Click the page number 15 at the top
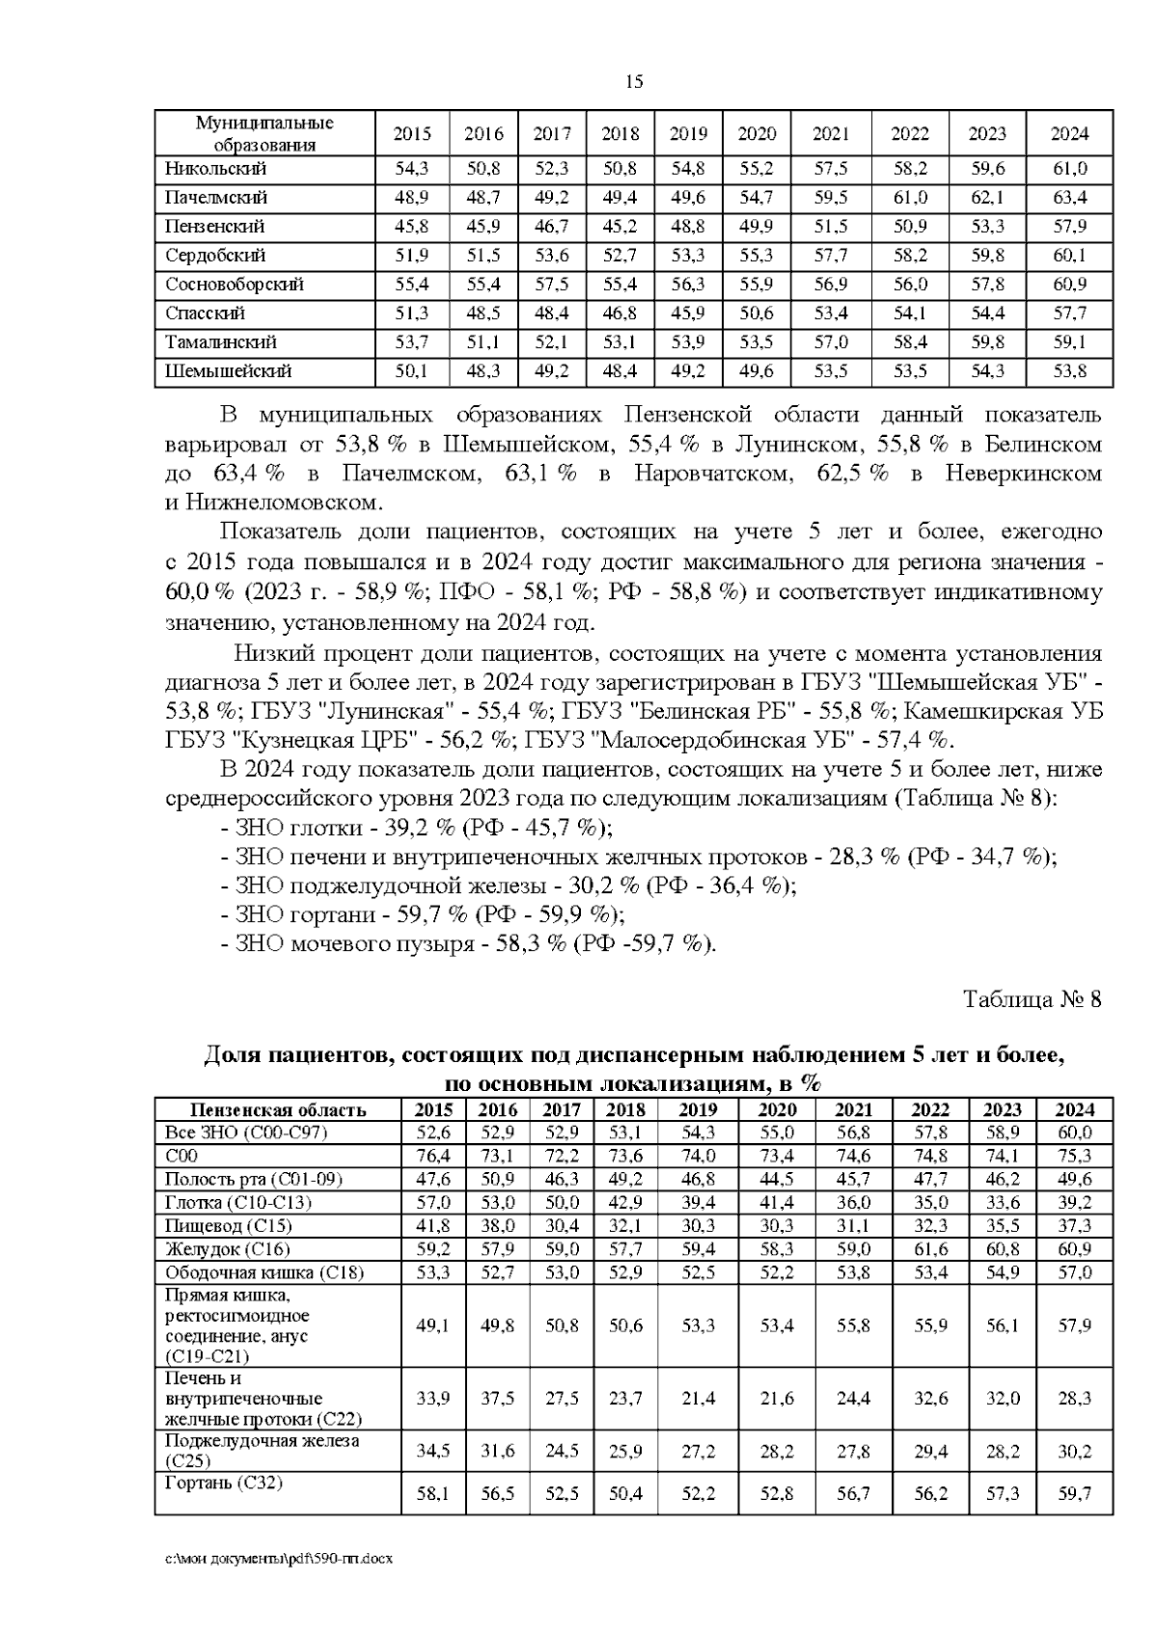(x=634, y=82)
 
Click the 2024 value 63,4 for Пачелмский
(x=1069, y=198)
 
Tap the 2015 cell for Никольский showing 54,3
(x=412, y=169)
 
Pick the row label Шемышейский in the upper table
(x=228, y=371)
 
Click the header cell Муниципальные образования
(x=264, y=134)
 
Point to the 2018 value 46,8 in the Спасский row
(x=620, y=314)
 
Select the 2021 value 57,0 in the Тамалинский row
(x=831, y=342)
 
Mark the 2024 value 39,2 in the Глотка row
(x=1074, y=1203)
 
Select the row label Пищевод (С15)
(x=228, y=1226)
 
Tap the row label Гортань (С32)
(x=224, y=1483)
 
